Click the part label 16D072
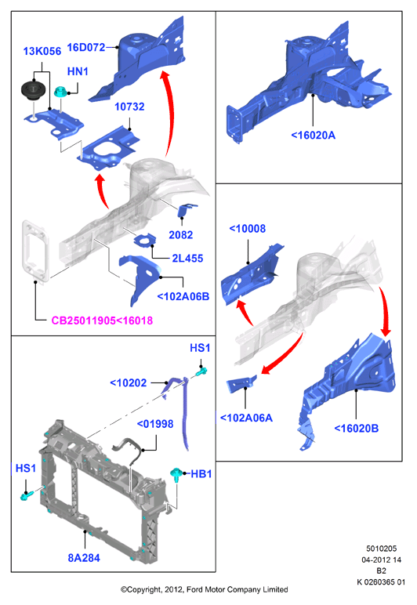pos(86,48)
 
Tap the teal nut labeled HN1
pos(60,92)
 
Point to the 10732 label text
pos(129,107)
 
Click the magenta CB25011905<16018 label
pos(102,321)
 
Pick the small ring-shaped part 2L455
pos(145,240)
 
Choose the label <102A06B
pos(183,296)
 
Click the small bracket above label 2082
pos(186,210)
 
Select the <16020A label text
pos(314,135)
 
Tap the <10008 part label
pos(248,228)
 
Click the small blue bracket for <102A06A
pos(241,384)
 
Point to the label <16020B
pos(357,429)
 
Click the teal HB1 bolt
pos(176,474)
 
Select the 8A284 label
pos(84,558)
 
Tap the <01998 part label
pos(155,424)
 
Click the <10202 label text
pos(129,382)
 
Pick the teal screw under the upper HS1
pos(201,371)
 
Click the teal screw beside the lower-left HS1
pos(26,495)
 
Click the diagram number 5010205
pos(381,549)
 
